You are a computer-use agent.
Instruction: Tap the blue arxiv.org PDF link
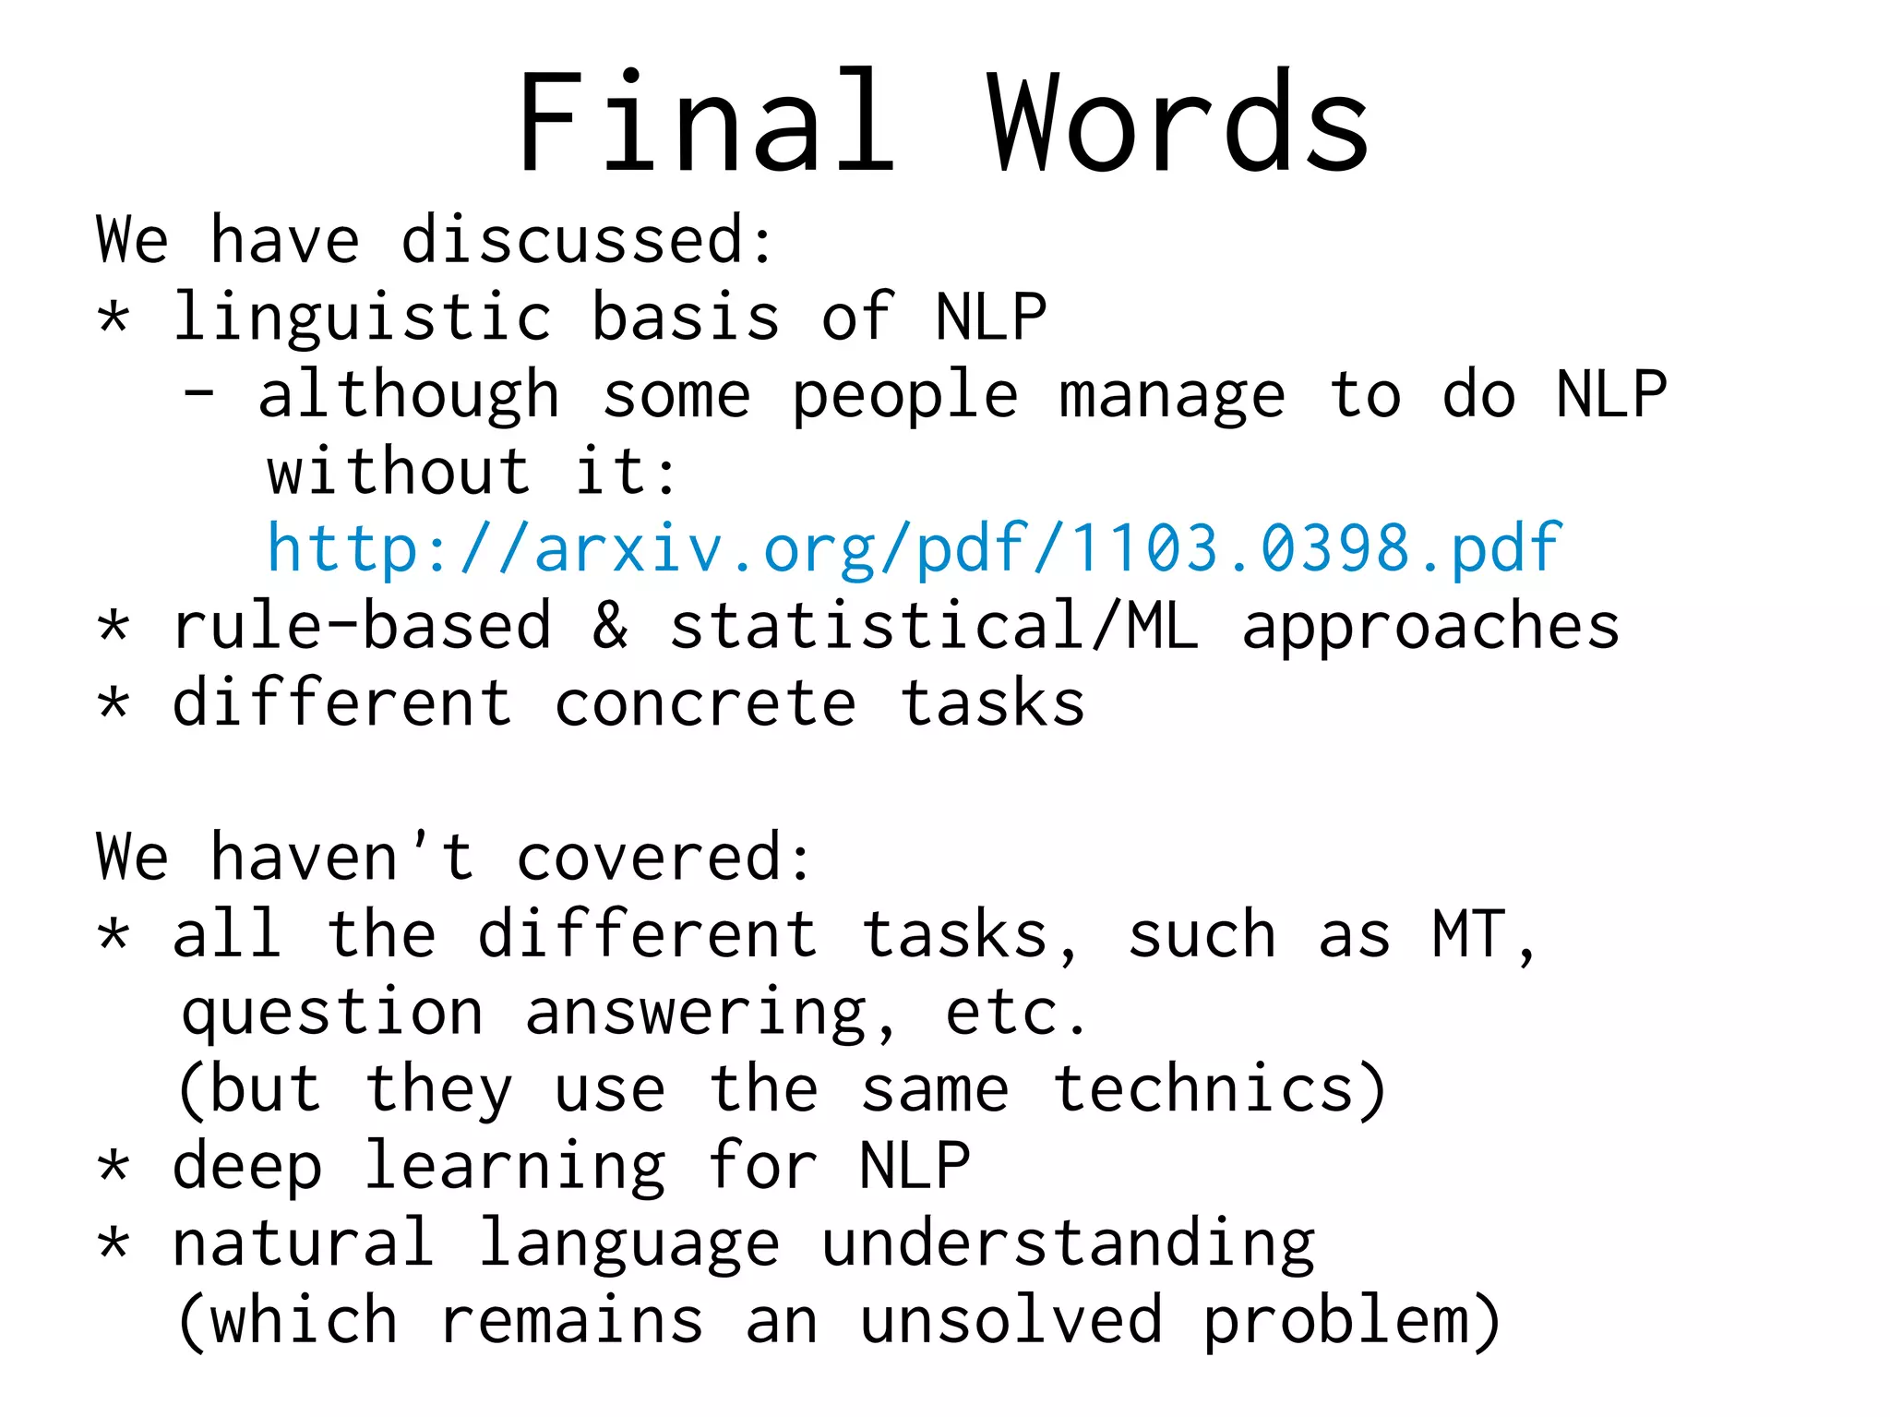(914, 548)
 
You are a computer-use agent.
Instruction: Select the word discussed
(587, 240)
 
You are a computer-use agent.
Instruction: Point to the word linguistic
(363, 318)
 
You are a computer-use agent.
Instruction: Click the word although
(409, 395)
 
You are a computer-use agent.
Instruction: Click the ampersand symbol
(610, 625)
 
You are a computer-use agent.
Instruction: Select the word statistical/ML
(934, 625)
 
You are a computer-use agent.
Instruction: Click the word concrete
(706, 703)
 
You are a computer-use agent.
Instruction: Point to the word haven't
(342, 857)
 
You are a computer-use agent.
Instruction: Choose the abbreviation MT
(1470, 934)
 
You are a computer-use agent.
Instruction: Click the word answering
(698, 1014)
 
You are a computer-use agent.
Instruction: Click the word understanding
(1068, 1244)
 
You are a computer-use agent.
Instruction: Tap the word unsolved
(1011, 1320)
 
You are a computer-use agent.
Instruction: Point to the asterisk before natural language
(114, 1243)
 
